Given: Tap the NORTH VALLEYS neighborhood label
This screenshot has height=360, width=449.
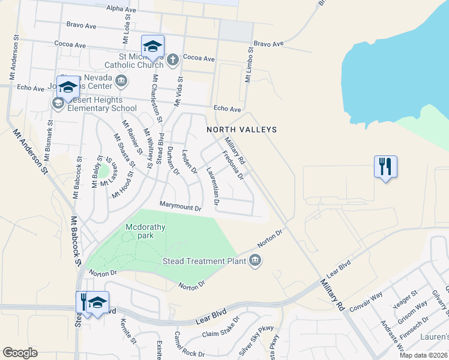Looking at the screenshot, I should pos(242,130).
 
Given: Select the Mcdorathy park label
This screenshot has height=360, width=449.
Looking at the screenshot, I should pos(139,231).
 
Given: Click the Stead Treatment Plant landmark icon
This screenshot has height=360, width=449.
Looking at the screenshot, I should pos(255,259).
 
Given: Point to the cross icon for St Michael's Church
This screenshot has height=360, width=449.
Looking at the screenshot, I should pos(173,59).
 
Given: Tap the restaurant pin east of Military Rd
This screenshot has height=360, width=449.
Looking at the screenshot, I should pos(385,166).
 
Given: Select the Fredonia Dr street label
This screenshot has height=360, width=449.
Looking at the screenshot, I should pos(233,166).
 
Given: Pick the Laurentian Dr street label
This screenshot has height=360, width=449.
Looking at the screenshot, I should pos(211,185).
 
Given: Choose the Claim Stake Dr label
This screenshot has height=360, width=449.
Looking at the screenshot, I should pos(220,334).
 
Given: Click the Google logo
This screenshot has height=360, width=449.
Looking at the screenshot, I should pos(19,353).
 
